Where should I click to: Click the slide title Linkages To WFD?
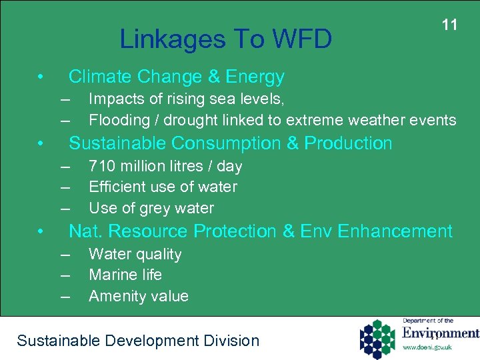[x=225, y=40]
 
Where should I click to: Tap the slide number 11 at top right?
[x=450, y=25]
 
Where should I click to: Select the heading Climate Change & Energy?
[x=177, y=77]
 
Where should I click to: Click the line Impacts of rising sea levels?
[x=187, y=99]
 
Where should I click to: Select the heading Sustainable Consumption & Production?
[x=231, y=143]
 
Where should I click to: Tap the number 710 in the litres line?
[x=102, y=166]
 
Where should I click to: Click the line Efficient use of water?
[x=163, y=187]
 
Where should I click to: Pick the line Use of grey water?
[x=151, y=208]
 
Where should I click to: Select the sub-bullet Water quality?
[x=135, y=254]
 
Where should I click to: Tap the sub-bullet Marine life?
[x=125, y=275]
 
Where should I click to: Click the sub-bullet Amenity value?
[x=139, y=296]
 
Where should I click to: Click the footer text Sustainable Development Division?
[x=138, y=341]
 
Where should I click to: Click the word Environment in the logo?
[x=440, y=333]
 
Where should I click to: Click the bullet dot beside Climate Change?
[x=41, y=77]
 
